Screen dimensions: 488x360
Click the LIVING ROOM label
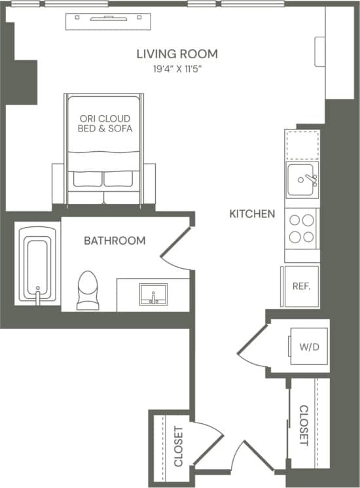[x=177, y=54]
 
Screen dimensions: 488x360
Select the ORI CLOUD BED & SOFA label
[x=105, y=124]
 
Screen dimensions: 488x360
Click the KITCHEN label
[x=252, y=214]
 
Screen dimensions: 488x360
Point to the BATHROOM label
[x=115, y=241]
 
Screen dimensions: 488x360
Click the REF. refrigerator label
[x=301, y=287]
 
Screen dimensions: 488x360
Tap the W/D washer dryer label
[x=309, y=347]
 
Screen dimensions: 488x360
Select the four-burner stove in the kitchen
[x=302, y=228]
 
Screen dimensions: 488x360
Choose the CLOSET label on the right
[x=304, y=426]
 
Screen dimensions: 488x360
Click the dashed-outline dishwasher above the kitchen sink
[x=302, y=145]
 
